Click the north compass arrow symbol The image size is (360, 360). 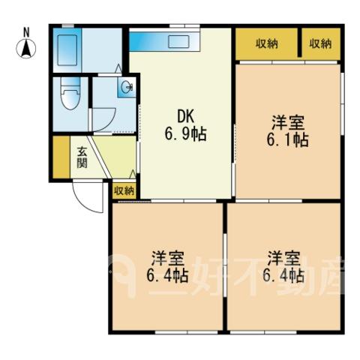click(26, 49)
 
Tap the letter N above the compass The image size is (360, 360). click(26, 32)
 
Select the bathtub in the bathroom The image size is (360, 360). click(67, 50)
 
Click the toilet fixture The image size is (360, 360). click(70, 94)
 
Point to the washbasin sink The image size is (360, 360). click(126, 88)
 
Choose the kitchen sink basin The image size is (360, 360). click(178, 40)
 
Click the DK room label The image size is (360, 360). click(185, 116)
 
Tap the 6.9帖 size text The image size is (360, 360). click(185, 134)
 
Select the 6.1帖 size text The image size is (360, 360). click(287, 140)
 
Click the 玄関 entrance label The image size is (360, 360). click(82, 157)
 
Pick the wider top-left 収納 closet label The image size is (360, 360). click(267, 44)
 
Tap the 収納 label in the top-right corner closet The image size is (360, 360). click(321, 44)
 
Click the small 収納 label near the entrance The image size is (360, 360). click(124, 191)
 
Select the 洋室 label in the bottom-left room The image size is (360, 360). click(168, 259)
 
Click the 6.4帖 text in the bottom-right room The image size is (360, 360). click(283, 276)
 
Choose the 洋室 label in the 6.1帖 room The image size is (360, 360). click(288, 122)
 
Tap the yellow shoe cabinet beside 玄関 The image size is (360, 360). click(61, 157)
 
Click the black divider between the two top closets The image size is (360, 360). click(299, 42)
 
